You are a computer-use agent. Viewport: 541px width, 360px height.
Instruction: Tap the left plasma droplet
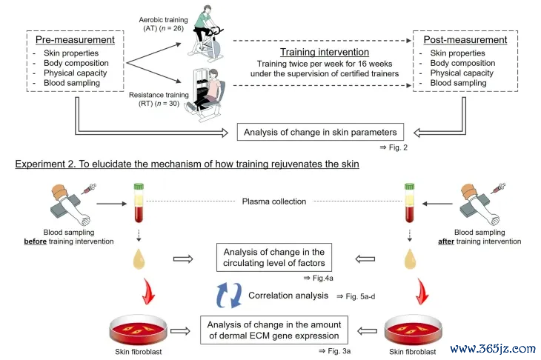[136, 259]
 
